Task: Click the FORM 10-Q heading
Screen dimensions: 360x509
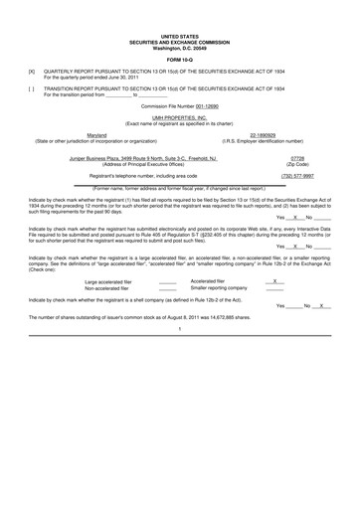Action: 180,56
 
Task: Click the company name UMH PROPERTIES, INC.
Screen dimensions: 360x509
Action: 180,116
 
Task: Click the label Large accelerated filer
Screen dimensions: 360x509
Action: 108,281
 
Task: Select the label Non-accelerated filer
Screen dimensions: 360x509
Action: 106,288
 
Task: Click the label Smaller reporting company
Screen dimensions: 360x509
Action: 219,288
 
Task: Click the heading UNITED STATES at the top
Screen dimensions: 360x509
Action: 180,35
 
